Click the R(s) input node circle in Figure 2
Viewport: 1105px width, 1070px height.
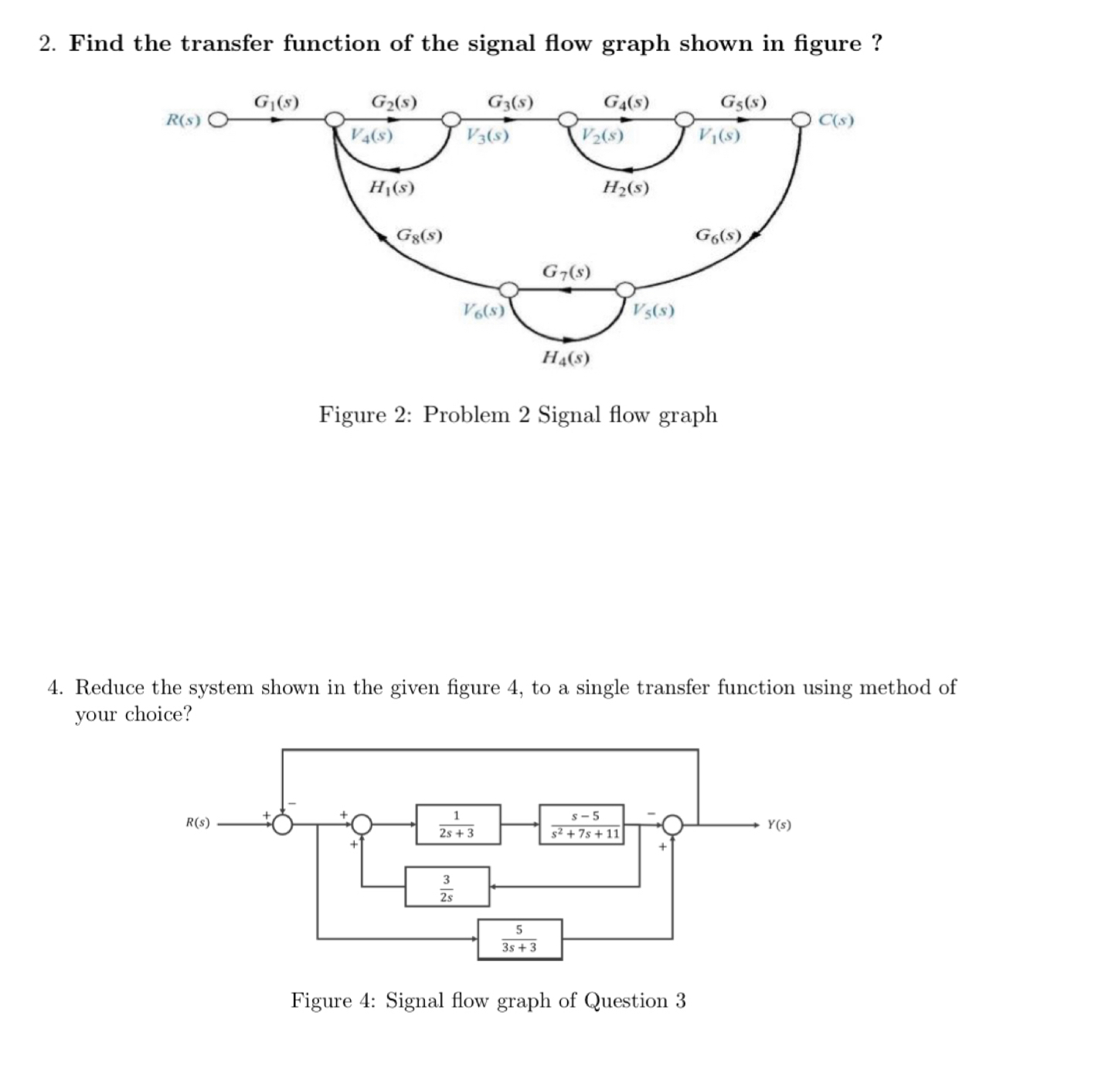[218, 121]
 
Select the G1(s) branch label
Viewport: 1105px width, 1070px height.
[276, 101]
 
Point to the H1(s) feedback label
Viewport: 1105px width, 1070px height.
[392, 187]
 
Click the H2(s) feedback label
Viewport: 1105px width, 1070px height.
[625, 187]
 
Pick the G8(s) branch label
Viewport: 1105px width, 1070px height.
[419, 234]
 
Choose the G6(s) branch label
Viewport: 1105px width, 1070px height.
[719, 234]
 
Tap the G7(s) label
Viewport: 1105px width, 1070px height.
[566, 271]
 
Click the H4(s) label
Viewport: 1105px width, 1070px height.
[566, 357]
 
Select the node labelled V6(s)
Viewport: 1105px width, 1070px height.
[508, 290]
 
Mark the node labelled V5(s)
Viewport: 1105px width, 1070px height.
[625, 290]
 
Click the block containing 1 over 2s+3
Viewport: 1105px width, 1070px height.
[457, 824]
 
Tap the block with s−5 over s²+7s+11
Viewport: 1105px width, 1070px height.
[582, 824]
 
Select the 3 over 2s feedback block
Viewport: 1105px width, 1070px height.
[447, 887]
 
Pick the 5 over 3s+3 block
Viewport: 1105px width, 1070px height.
[519, 939]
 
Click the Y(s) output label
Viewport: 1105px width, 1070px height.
[779, 825]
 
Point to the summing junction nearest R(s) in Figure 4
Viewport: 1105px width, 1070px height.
[283, 824]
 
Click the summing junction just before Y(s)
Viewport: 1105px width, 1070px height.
[673, 824]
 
